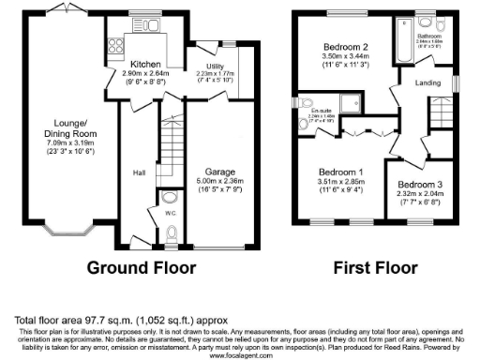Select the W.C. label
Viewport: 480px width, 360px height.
coord(170,213)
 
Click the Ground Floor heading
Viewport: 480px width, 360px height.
coord(141,268)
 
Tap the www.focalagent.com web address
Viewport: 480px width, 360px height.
coord(239,355)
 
